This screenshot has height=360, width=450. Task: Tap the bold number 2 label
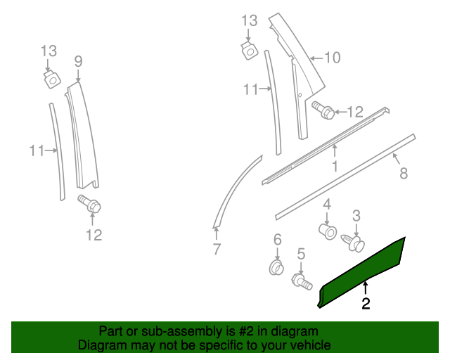366,304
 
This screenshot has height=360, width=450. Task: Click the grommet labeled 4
327,231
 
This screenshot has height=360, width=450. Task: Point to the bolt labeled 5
302,281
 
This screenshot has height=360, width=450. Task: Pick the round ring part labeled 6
277,267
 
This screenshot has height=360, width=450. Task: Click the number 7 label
217,248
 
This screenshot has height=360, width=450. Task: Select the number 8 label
404,172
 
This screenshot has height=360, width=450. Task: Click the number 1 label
335,167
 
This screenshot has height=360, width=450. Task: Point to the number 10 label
331,58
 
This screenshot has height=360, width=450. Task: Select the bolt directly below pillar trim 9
91,205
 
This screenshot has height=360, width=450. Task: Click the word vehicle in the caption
309,345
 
